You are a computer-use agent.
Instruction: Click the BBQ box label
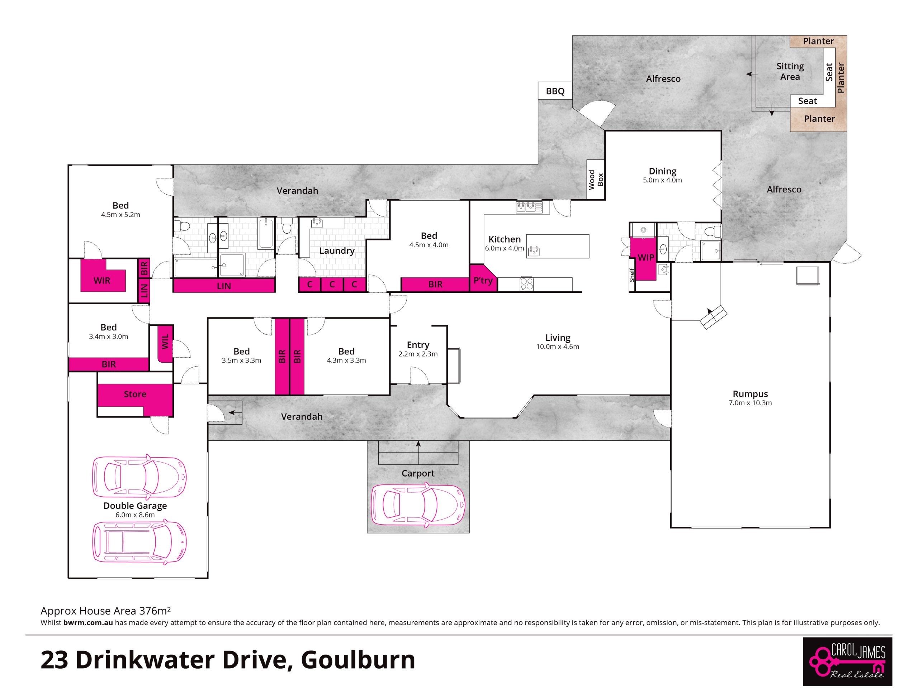555,91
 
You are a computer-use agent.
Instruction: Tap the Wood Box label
596,180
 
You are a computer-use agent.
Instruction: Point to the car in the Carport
418,506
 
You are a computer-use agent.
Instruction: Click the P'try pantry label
483,281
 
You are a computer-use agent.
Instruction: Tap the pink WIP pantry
643,259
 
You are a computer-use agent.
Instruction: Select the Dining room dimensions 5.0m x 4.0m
662,180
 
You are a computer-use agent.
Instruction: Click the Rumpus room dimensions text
750,403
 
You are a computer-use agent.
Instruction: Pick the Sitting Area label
790,71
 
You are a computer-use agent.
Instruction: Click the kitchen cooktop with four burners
527,284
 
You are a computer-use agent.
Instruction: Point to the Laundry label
337,250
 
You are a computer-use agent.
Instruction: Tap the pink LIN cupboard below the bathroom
224,286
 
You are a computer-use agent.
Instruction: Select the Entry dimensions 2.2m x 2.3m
418,354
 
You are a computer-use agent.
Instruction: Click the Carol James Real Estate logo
847,661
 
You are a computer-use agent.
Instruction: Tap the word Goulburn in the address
358,660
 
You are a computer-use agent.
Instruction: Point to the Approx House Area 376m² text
106,611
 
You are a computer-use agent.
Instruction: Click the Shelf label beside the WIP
632,275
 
